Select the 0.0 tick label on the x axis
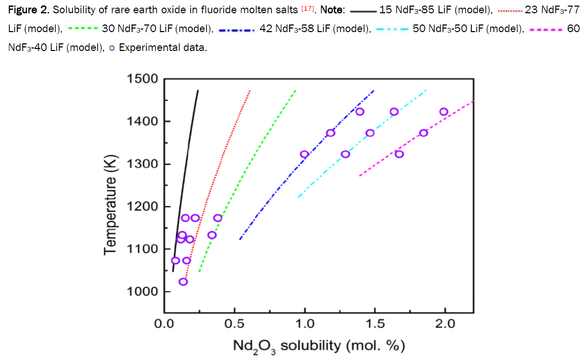pyautogui.click(x=164, y=325)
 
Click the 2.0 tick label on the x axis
pyautogui.click(x=445, y=325)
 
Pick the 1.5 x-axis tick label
pyautogui.click(x=374, y=325)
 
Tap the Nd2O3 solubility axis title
pyautogui.click(x=319, y=346)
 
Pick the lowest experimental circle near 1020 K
pyautogui.click(x=183, y=281)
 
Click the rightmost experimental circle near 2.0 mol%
pyautogui.click(x=444, y=112)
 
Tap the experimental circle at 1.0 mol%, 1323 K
pyautogui.click(x=305, y=154)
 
